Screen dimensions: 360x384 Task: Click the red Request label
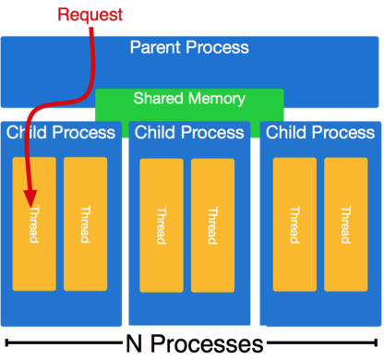click(x=90, y=14)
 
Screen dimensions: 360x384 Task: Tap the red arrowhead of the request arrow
click(x=30, y=197)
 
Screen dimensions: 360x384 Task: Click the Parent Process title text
click(x=189, y=47)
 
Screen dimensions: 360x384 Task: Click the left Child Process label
click(x=61, y=133)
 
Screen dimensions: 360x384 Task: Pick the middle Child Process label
click(x=189, y=133)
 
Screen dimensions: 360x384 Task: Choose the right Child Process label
click(x=320, y=133)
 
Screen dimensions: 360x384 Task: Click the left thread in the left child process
click(x=34, y=222)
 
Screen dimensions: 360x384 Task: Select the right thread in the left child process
click(x=85, y=222)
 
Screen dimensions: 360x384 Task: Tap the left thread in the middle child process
click(x=162, y=224)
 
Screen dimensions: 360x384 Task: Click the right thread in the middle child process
click(x=212, y=224)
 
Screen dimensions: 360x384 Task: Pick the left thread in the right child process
click(x=294, y=222)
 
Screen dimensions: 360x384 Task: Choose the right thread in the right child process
click(x=345, y=222)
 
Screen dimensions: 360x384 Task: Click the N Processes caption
click(x=193, y=343)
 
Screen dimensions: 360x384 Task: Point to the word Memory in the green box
click(x=216, y=98)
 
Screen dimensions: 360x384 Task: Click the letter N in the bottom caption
click(x=133, y=343)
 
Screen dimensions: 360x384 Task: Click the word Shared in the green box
click(x=159, y=98)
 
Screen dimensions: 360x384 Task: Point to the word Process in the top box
click(x=219, y=47)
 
